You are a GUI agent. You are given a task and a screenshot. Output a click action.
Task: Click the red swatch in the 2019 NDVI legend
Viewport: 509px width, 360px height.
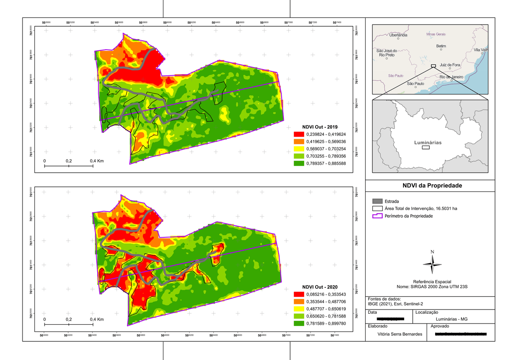click(296, 134)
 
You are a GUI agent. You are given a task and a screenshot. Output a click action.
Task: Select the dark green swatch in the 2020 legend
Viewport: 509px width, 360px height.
click(296, 323)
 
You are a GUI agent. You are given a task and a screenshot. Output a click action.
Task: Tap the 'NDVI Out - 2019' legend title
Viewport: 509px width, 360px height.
click(320, 127)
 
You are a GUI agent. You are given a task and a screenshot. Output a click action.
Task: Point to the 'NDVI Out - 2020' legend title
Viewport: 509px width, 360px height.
click(320, 287)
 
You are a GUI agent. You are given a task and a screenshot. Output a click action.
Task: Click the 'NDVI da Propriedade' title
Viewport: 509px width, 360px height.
click(432, 186)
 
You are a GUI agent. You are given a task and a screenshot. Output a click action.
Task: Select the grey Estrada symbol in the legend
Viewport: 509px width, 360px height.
click(378, 201)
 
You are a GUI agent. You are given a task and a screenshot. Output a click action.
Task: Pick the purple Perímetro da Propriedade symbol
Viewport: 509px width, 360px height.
click(378, 216)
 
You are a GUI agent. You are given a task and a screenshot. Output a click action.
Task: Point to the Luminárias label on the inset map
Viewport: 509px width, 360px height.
click(428, 143)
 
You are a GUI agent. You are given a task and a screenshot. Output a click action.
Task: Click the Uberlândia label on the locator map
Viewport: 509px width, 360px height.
click(398, 35)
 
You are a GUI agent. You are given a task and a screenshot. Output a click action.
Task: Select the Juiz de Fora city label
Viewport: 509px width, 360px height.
click(450, 65)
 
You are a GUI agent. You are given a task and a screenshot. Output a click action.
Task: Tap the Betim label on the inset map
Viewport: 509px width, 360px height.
click(441, 45)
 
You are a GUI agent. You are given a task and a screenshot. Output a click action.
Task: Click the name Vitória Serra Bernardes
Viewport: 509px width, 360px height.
click(400, 334)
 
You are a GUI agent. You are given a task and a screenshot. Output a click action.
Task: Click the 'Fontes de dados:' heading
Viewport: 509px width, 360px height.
click(382, 298)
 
